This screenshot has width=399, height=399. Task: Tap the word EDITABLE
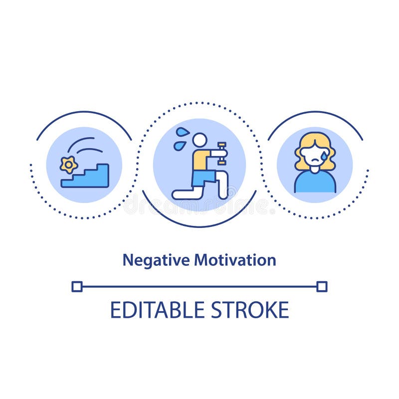[158, 310]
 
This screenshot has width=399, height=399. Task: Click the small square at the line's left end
[76, 286]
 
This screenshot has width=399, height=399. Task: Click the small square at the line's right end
[322, 286]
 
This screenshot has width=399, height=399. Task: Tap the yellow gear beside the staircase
[68, 165]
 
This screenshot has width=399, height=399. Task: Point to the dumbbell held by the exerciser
[222, 154]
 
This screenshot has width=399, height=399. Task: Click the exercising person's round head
[199, 140]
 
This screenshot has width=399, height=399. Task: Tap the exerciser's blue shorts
[203, 177]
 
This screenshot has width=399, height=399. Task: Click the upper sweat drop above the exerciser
[183, 132]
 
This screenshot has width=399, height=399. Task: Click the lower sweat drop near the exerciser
[178, 146]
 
